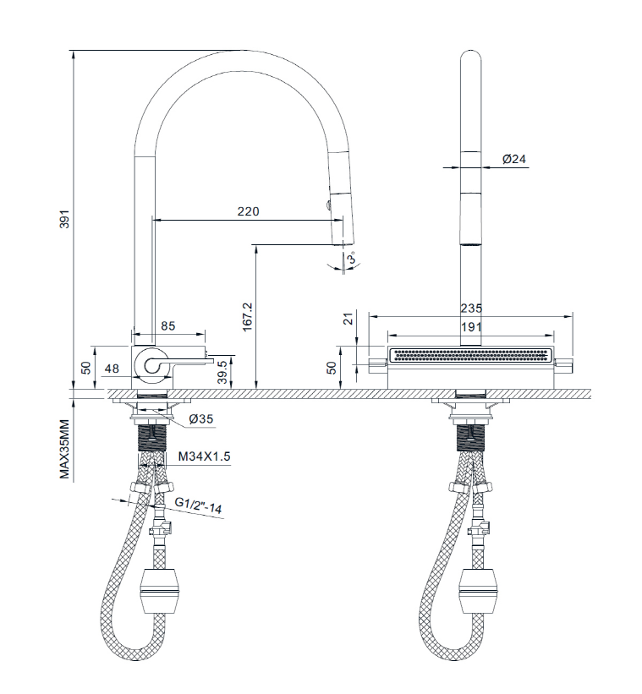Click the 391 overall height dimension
65,219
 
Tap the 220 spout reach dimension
248,211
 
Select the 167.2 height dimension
247,317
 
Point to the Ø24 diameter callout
514,159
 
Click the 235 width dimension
471,309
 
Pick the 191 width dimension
471,327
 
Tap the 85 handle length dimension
167,325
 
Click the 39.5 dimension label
222,372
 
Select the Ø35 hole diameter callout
201,418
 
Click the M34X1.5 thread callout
204,456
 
